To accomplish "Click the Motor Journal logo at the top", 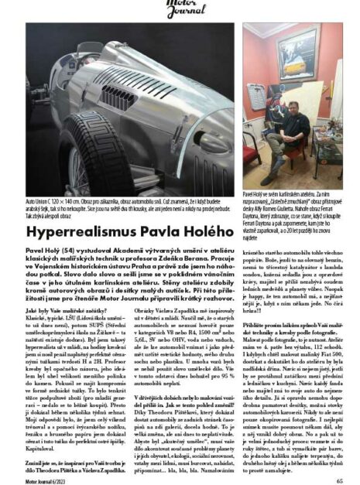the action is click(180, 10).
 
